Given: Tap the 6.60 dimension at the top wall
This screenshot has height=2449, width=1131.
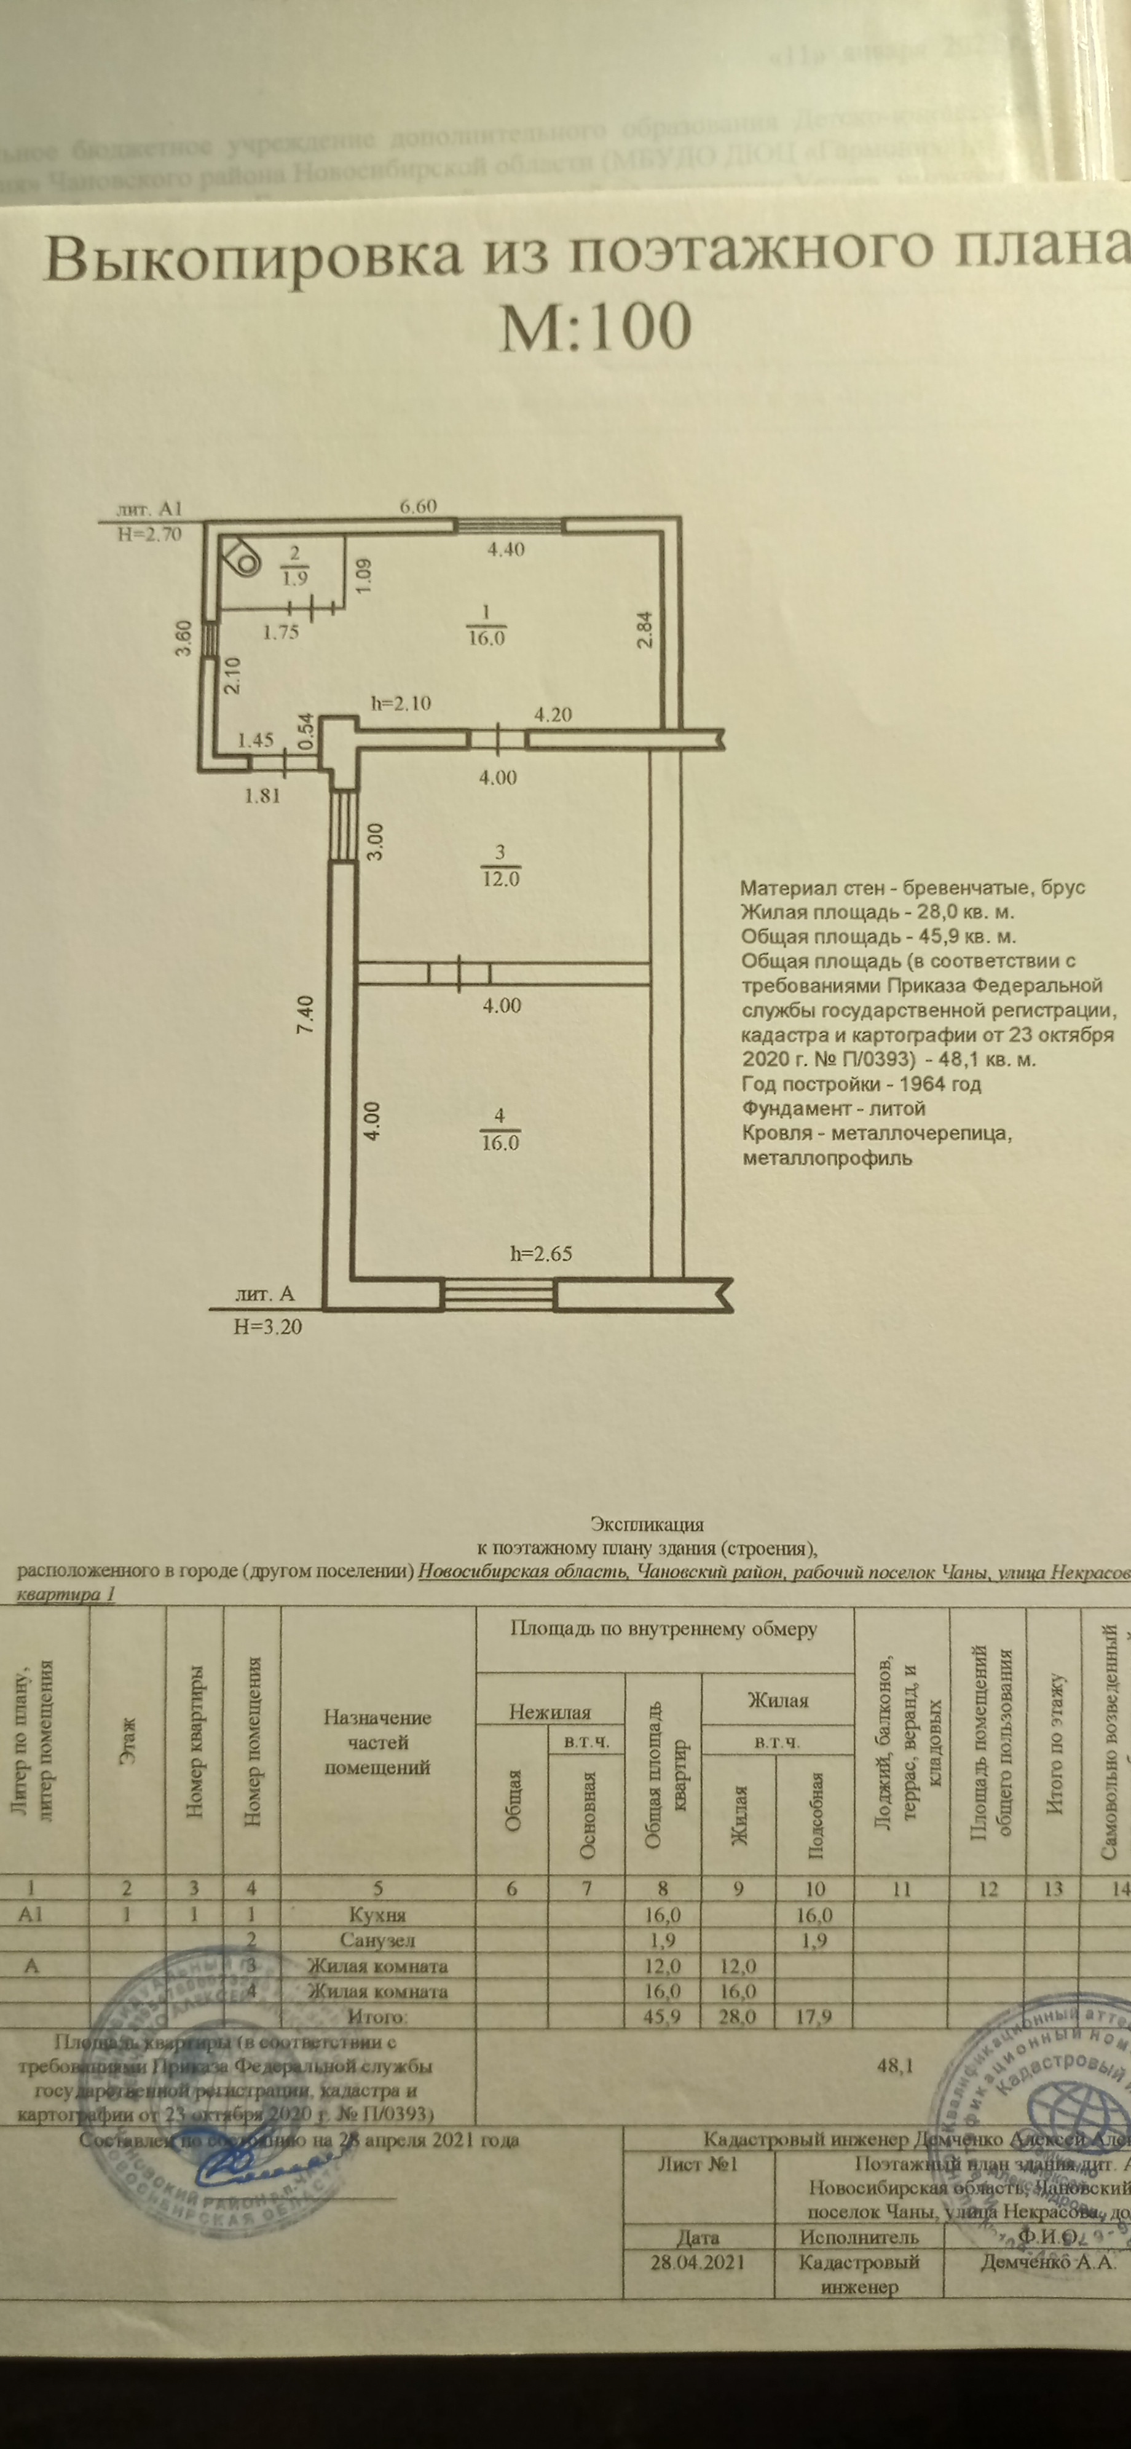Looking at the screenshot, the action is coord(418,506).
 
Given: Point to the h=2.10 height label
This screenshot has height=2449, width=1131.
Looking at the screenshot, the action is coord(400,703).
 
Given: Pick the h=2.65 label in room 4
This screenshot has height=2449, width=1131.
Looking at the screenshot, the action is coord(542,1253).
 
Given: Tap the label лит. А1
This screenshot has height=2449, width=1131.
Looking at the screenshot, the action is coord(148,508).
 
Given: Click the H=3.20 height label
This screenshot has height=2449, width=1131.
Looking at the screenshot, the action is coord(268,1325).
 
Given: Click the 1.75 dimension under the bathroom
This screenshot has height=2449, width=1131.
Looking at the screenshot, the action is coord(282,632).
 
